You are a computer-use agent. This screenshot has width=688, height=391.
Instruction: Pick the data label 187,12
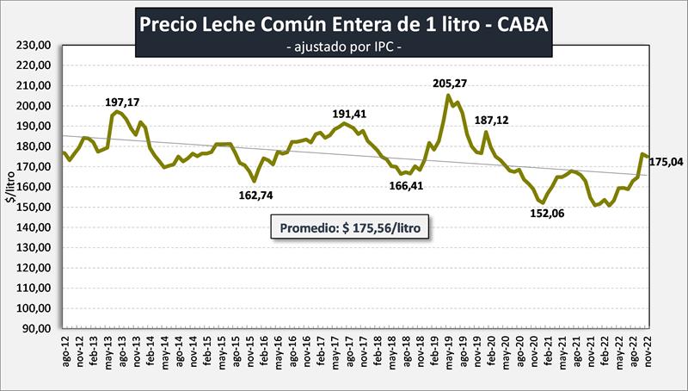491,121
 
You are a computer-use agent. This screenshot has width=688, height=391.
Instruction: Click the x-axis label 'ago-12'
65,355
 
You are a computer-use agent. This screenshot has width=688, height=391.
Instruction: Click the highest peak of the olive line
447,95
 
